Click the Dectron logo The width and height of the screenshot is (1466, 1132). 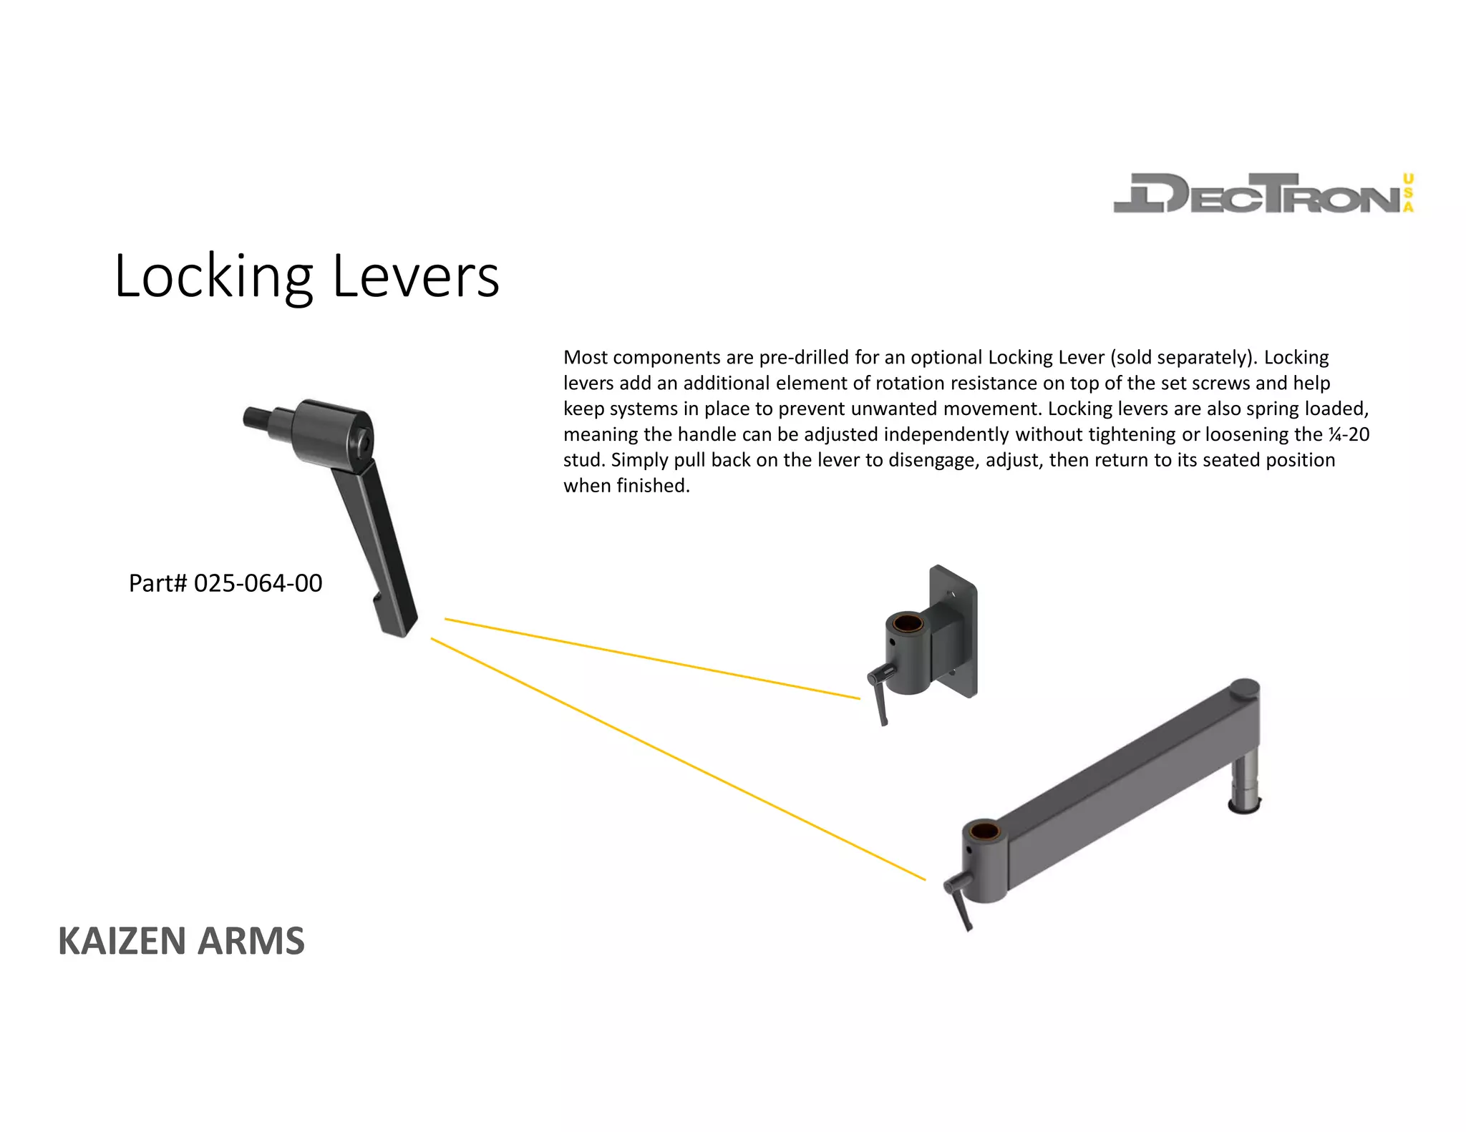pos(1263,193)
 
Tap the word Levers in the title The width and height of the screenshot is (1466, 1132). pos(416,277)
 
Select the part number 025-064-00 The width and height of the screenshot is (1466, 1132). pos(258,583)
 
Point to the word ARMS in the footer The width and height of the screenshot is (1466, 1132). pos(251,941)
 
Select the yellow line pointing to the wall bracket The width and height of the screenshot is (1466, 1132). pos(651,658)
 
